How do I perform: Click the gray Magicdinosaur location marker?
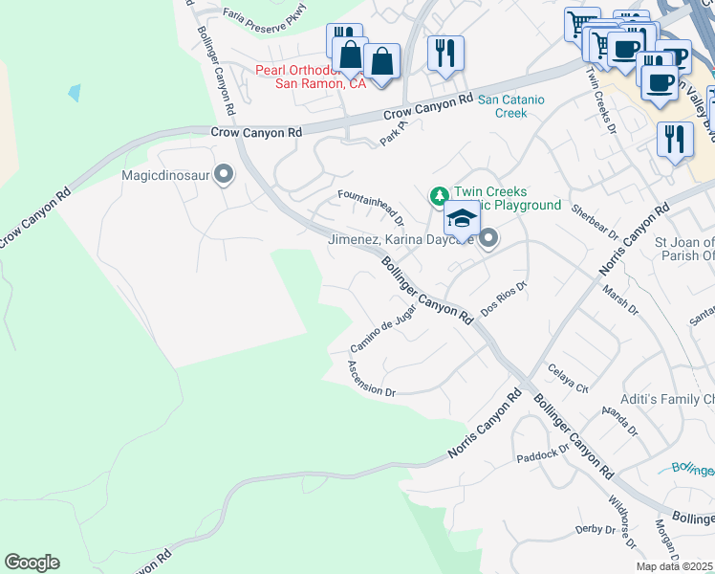[224, 174]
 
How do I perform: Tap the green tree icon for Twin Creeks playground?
[439, 196]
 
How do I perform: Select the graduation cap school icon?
[462, 220]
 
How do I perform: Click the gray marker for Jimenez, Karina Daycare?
[488, 238]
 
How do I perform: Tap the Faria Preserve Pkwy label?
[265, 12]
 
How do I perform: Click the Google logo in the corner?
[32, 563]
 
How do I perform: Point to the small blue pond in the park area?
[74, 93]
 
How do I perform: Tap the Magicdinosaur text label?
[165, 175]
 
